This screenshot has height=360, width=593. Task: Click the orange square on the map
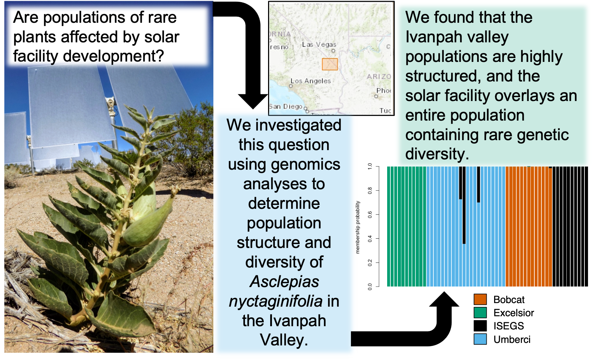(x=330, y=64)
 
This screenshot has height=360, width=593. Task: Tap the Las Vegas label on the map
(x=319, y=44)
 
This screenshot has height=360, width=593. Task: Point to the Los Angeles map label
(x=310, y=81)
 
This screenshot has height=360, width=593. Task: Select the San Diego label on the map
(x=285, y=106)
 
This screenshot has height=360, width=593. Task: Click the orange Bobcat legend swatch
(x=480, y=300)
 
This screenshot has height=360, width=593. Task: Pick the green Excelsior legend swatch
(x=480, y=313)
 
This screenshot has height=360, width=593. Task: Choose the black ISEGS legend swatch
(x=480, y=326)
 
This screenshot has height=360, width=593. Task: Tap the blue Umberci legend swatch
(x=480, y=339)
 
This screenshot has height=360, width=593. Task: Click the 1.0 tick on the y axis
(x=370, y=166)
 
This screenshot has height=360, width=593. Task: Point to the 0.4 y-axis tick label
(x=370, y=239)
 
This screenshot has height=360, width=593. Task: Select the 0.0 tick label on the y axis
(x=370, y=286)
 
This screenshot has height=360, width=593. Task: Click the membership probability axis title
(x=358, y=227)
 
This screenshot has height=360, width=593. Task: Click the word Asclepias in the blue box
(x=284, y=282)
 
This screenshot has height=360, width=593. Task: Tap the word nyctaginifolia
(x=276, y=301)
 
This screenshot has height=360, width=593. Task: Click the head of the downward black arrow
(x=253, y=101)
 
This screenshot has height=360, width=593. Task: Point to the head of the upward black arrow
(x=444, y=299)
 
